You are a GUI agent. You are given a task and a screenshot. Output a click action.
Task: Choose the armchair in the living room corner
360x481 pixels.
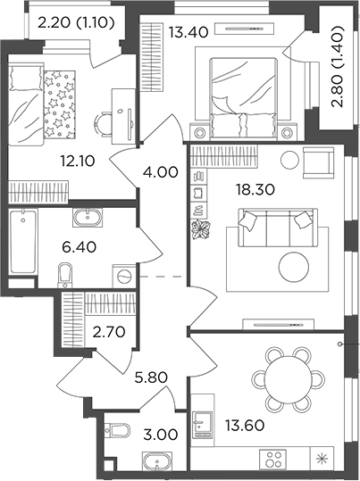tap(317, 162)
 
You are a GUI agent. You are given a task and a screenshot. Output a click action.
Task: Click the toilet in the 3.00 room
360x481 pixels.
tap(117, 435)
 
